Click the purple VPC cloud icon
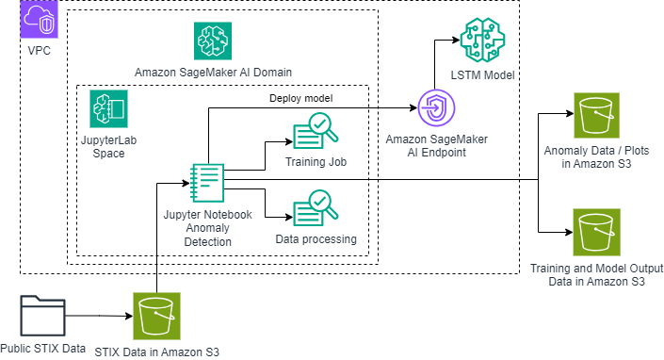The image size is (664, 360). tap(39, 19)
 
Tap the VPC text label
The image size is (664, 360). tap(39, 50)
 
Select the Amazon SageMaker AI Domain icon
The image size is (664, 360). tap(213, 41)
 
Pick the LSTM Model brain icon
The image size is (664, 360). tap(482, 41)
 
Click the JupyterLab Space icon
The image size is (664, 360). tap(108, 109)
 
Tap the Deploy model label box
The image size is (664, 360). tap(301, 98)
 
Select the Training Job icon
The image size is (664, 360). tap(316, 132)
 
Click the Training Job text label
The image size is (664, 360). tap(316, 162)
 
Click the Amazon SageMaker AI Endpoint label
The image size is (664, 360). tap(437, 146)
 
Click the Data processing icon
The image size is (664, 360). tap(316, 208)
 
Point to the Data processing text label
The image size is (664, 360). tap(316, 239)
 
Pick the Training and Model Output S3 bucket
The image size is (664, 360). tap(596, 233)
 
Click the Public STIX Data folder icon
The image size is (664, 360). tap(42, 316)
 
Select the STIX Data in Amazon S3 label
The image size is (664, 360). tap(157, 352)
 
